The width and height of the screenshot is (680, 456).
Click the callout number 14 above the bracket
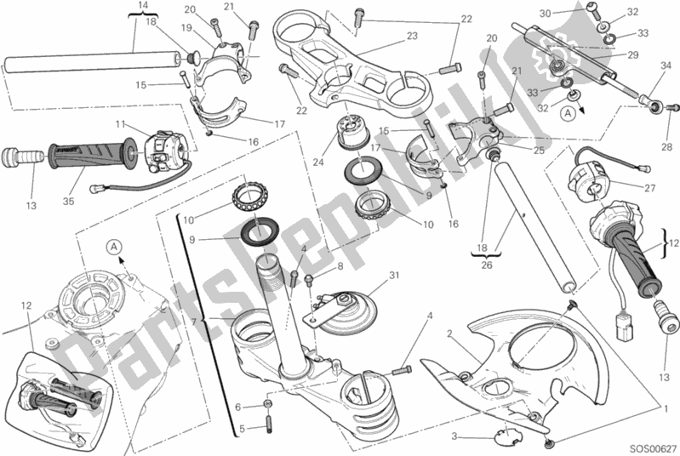(142, 6)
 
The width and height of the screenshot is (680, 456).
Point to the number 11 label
(122, 124)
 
